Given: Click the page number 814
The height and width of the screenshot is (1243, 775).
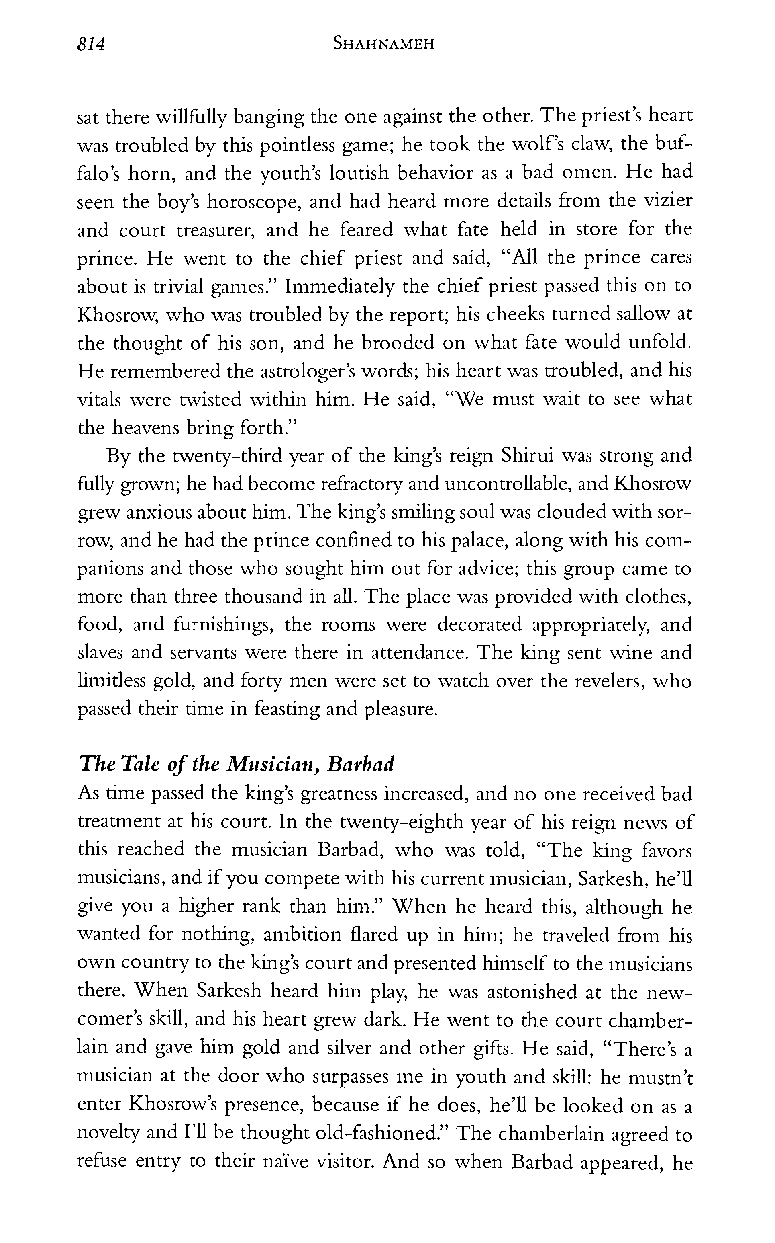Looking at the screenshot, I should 91,45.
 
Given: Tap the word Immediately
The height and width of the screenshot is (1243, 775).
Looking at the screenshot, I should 340,286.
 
